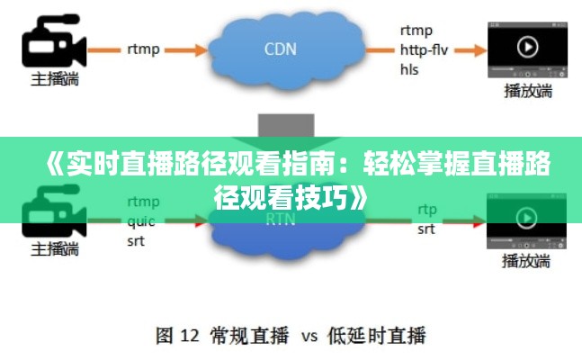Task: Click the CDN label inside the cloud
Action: (x=281, y=49)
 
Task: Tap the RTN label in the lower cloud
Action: (x=281, y=220)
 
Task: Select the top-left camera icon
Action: (x=54, y=40)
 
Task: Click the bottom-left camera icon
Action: (x=54, y=211)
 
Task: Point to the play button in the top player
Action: (x=527, y=47)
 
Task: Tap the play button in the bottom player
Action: (x=526, y=218)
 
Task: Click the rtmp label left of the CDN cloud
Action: (x=143, y=49)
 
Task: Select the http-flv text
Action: (x=424, y=49)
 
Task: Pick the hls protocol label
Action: (x=409, y=69)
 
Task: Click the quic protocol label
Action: (x=141, y=221)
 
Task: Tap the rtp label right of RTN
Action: (x=427, y=210)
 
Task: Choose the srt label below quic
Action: (x=136, y=241)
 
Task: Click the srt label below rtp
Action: (x=426, y=229)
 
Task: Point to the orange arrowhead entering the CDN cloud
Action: (x=201, y=50)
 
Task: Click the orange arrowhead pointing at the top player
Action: (x=480, y=50)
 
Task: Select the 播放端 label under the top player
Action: (x=528, y=91)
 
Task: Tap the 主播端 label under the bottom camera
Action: (x=55, y=249)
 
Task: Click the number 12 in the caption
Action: (x=190, y=336)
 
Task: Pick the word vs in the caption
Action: (x=309, y=337)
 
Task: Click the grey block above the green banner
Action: (x=286, y=126)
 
